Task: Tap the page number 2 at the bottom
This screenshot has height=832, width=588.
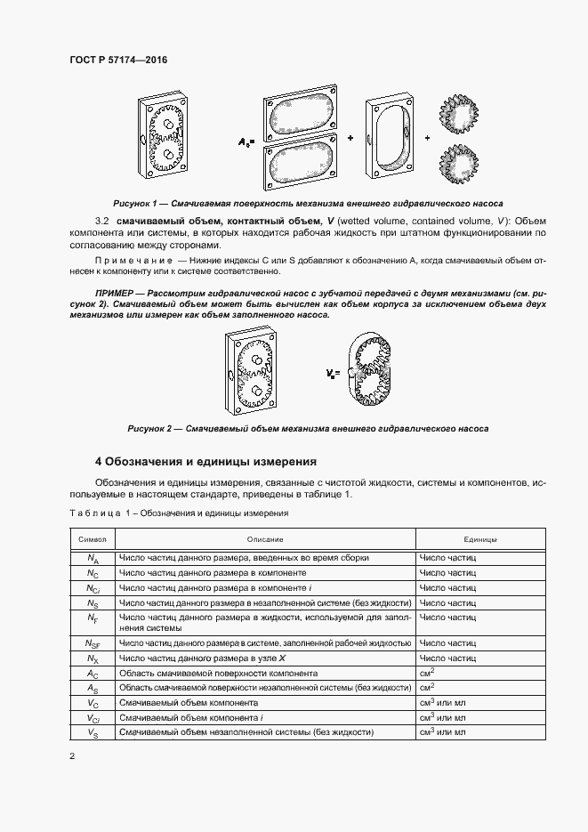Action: point(72,756)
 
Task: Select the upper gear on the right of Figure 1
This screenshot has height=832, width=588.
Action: point(458,114)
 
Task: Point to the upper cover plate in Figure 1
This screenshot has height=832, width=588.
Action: point(302,114)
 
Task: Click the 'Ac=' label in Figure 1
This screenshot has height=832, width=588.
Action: point(246,141)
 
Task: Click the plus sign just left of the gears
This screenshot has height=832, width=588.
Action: point(428,138)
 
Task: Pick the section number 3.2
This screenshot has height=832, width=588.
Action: point(102,220)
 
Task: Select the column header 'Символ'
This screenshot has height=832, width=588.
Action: point(93,539)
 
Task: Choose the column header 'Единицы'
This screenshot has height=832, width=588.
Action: point(479,539)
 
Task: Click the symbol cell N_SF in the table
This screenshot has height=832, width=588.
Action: point(93,642)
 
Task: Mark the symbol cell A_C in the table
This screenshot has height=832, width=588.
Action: point(93,674)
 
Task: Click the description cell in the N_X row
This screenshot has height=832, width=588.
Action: point(264,658)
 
